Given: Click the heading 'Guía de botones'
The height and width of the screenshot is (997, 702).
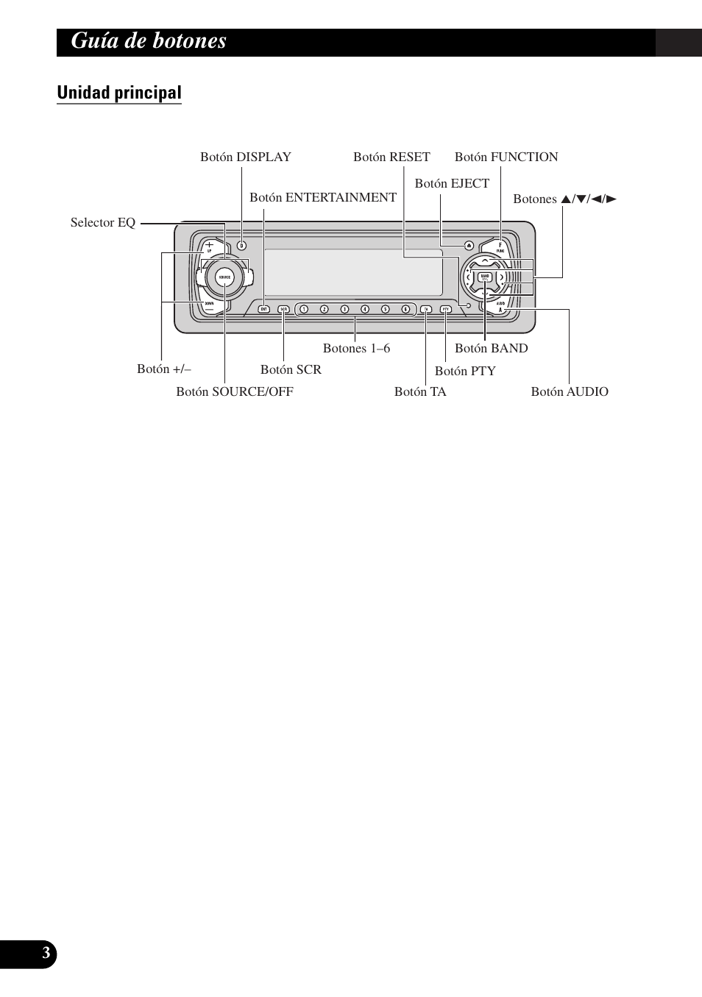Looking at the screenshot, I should click(x=149, y=41).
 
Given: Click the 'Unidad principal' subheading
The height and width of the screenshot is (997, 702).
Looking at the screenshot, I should click(x=119, y=93).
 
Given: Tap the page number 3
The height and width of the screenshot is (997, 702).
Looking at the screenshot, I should click(x=46, y=954).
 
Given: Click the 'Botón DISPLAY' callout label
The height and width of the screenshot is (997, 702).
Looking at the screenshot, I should click(x=246, y=157).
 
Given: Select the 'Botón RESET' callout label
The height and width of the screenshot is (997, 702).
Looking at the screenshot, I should click(x=391, y=157).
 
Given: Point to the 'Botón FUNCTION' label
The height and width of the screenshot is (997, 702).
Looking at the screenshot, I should click(x=506, y=157).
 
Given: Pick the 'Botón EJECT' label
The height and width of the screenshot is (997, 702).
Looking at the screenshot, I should click(x=452, y=183).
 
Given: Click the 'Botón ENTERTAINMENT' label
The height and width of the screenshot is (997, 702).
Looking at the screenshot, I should click(x=323, y=197).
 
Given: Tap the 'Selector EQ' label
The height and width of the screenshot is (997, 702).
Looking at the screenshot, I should click(x=103, y=222).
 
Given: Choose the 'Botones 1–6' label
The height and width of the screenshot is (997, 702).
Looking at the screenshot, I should click(x=356, y=348).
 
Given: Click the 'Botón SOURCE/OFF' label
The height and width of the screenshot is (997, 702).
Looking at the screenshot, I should click(x=235, y=391).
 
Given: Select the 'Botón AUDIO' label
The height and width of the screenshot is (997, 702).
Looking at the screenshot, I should click(x=570, y=391).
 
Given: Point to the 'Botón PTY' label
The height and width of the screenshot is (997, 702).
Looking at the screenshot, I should click(x=465, y=371).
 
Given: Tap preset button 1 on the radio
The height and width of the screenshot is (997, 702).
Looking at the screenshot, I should click(x=304, y=309).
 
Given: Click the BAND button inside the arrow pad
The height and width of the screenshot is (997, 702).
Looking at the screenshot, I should click(x=485, y=277).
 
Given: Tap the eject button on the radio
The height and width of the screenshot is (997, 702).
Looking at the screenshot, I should click(x=469, y=246).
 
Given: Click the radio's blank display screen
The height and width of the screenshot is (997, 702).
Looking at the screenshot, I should click(x=353, y=272).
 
